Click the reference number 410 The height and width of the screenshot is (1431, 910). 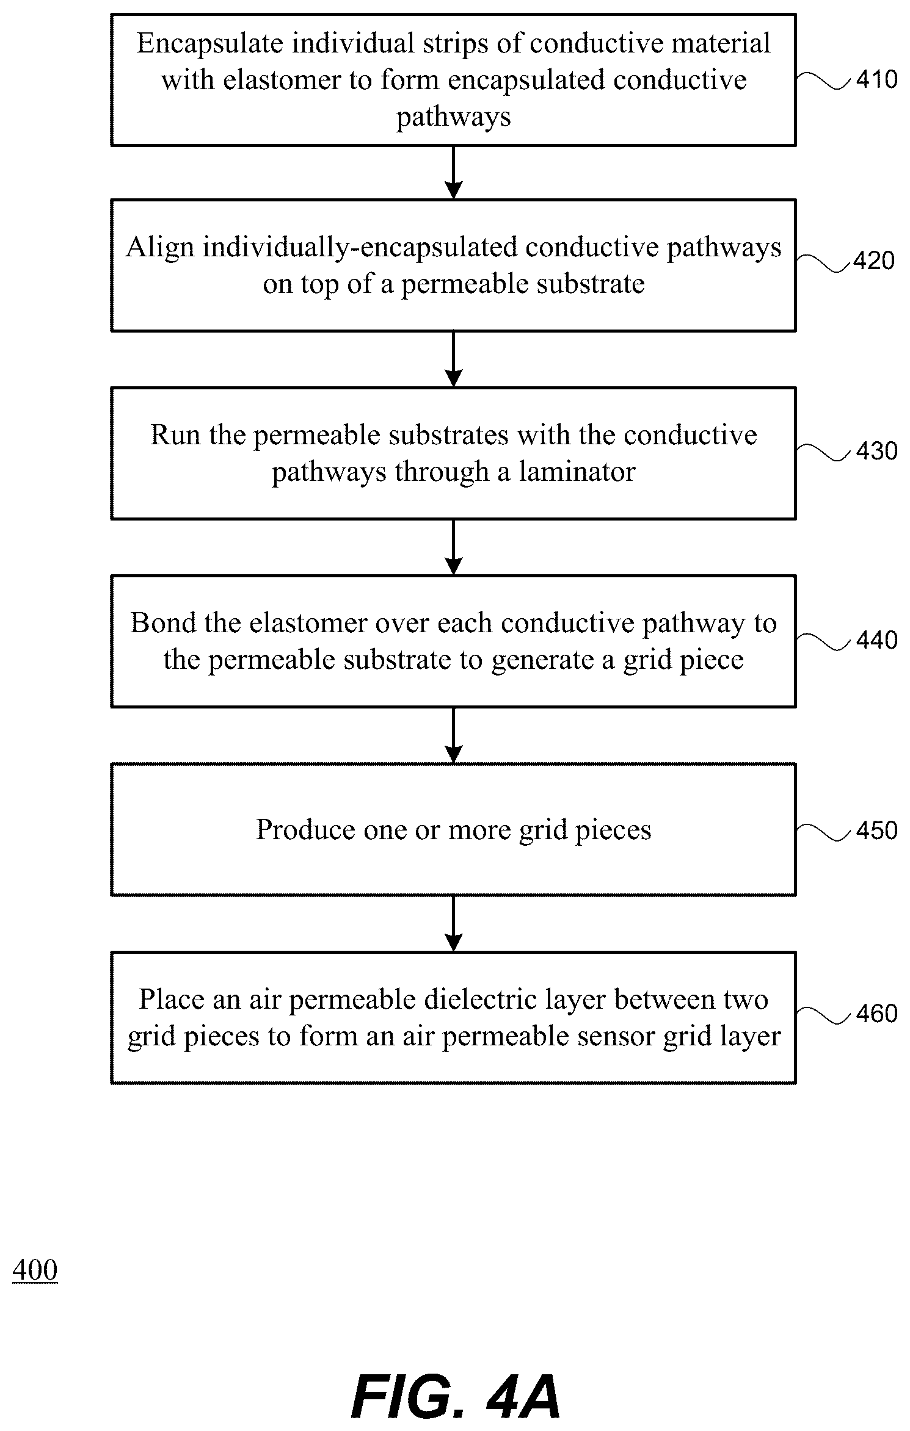pos(876,79)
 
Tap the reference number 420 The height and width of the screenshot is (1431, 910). pos(874,261)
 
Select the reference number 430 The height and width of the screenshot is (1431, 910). pos(876,451)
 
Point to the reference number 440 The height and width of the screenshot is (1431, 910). pos(876,640)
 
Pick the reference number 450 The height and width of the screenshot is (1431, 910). pos(876,831)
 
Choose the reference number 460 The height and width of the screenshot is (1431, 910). pos(876,1014)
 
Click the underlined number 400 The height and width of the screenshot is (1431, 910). pos(35,1271)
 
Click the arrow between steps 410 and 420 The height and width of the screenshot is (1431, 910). pos(453,173)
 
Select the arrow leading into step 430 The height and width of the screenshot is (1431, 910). pos(453,359)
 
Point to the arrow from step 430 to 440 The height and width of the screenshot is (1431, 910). pos(453,547)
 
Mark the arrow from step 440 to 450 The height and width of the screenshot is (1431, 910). pos(453,735)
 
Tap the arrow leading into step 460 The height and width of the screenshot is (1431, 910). pos(453,924)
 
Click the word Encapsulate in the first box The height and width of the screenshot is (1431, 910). pos(209,44)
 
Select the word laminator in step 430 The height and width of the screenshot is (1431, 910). pos(577,472)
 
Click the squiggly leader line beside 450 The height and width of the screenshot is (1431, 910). pos(824,831)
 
